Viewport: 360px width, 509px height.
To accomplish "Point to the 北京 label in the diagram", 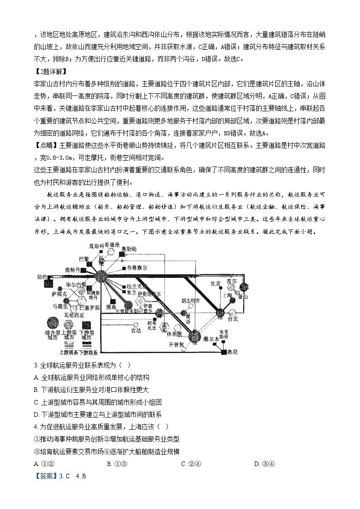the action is pos(216,283).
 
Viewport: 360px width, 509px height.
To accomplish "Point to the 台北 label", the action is pos(232,318).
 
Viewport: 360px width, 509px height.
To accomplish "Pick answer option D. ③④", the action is pos(264,463).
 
